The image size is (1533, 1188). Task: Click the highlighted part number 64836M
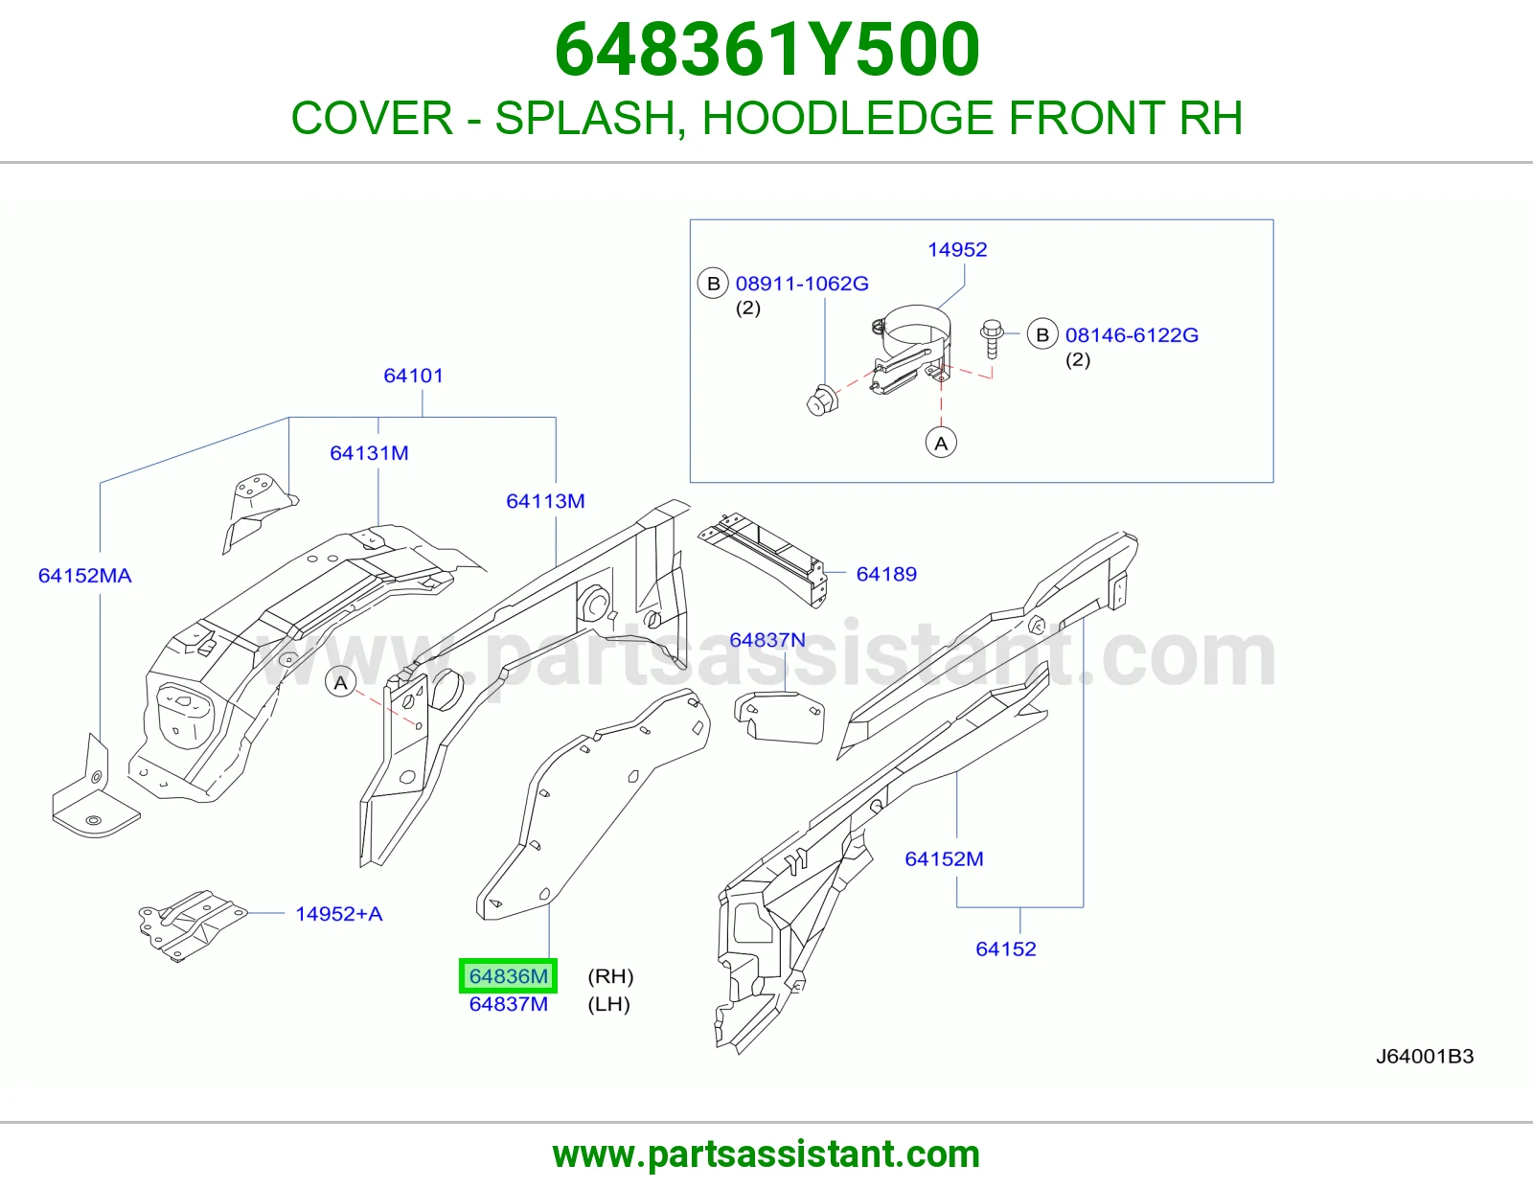click(x=508, y=975)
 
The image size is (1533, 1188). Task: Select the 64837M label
click(x=508, y=1004)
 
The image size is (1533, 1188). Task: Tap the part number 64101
click(x=413, y=376)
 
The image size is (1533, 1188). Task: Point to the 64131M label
click(x=369, y=453)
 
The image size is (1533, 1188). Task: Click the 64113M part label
click(x=545, y=501)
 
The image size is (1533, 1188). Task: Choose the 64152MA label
click(x=84, y=576)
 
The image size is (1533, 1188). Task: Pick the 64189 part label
click(x=886, y=574)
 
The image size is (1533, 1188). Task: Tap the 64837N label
click(x=766, y=640)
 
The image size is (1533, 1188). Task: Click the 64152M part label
click(x=944, y=859)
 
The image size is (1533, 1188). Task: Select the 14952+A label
click(x=338, y=914)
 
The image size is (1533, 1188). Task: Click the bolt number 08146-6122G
click(x=1132, y=335)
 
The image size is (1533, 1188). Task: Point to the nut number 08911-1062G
click(x=802, y=284)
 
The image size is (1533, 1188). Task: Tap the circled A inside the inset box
click(x=941, y=443)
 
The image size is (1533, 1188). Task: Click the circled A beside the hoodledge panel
click(x=341, y=683)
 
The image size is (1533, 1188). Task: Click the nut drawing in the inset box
click(x=822, y=400)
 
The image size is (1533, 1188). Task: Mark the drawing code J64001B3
click(x=1425, y=1057)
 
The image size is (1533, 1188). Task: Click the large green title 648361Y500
click(x=766, y=50)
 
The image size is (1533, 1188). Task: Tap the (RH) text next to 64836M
click(x=610, y=976)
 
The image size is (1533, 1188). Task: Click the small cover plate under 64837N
click(x=779, y=718)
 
